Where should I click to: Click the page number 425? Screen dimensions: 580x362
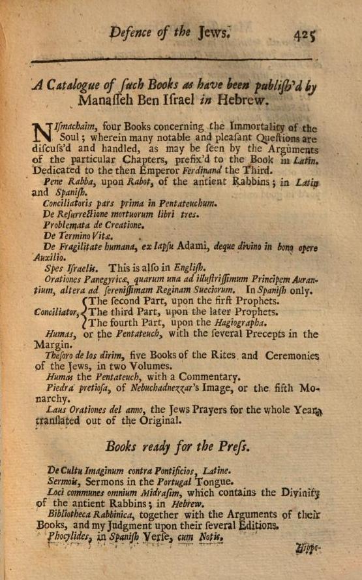click(305, 33)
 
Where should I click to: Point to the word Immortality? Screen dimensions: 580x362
click(260, 129)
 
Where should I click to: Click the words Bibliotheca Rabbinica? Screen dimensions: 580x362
click(85, 514)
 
